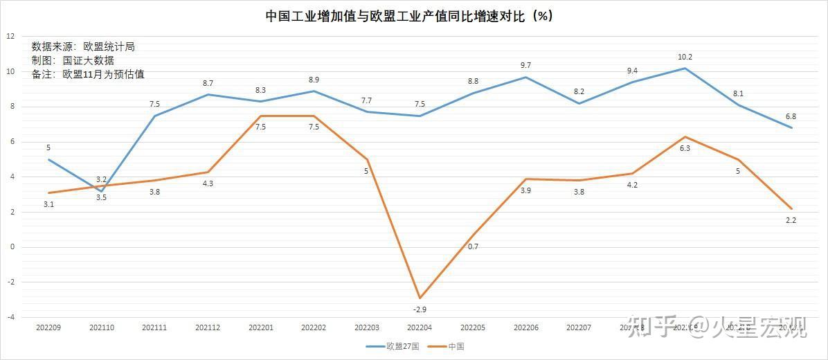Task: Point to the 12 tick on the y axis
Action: pyautogui.click(x=10, y=36)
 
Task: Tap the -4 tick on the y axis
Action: pyautogui.click(x=10, y=318)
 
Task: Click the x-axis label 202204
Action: pyautogui.click(x=420, y=327)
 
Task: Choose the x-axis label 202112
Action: pyautogui.click(x=208, y=327)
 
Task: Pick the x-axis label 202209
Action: pyautogui.click(x=48, y=327)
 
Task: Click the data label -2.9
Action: pyautogui.click(x=420, y=309)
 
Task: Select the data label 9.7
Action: pyautogui.click(x=526, y=65)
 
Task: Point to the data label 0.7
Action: pyautogui.click(x=474, y=246)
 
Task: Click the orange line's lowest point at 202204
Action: pyautogui.click(x=420, y=298)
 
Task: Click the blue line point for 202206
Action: pyautogui.click(x=526, y=77)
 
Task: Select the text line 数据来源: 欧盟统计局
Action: pyautogui.click(x=83, y=46)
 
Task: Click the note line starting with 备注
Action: pyautogui.click(x=88, y=74)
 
